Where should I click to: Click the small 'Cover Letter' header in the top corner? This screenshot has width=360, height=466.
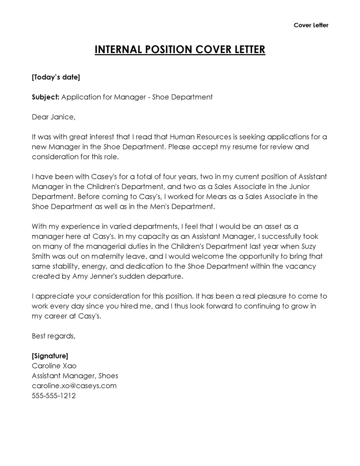click(x=311, y=25)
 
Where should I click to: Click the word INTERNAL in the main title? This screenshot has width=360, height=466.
click(x=118, y=49)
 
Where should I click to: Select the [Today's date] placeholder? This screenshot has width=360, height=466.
click(x=56, y=77)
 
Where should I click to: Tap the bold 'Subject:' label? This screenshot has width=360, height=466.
click(x=45, y=97)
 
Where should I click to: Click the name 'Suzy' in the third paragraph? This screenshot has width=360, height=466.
click(x=316, y=246)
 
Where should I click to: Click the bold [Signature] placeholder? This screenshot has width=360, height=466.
click(x=50, y=356)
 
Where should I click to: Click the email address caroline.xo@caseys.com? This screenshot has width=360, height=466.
click(x=74, y=385)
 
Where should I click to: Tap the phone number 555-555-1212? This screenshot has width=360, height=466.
click(x=54, y=396)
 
